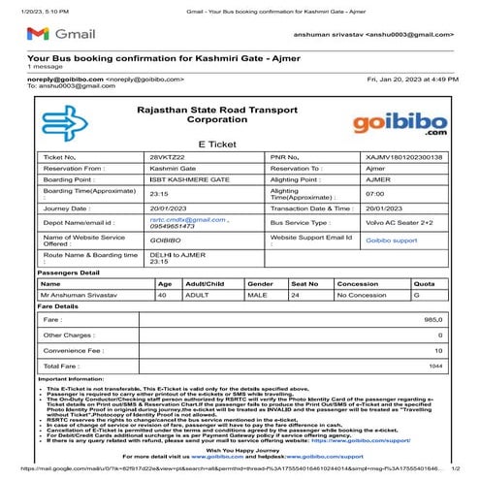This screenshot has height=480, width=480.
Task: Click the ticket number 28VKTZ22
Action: pos(167,156)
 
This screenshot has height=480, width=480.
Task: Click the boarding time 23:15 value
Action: pos(160,191)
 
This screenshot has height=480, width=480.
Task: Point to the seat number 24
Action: pos(296,294)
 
